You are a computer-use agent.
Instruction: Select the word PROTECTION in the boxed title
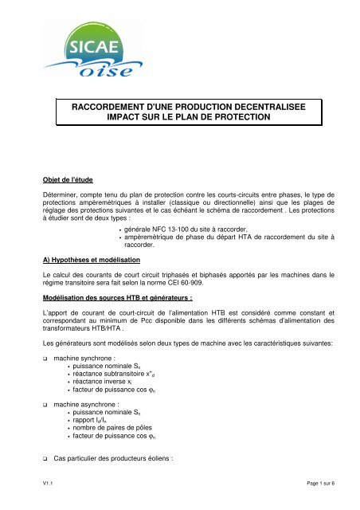236,117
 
